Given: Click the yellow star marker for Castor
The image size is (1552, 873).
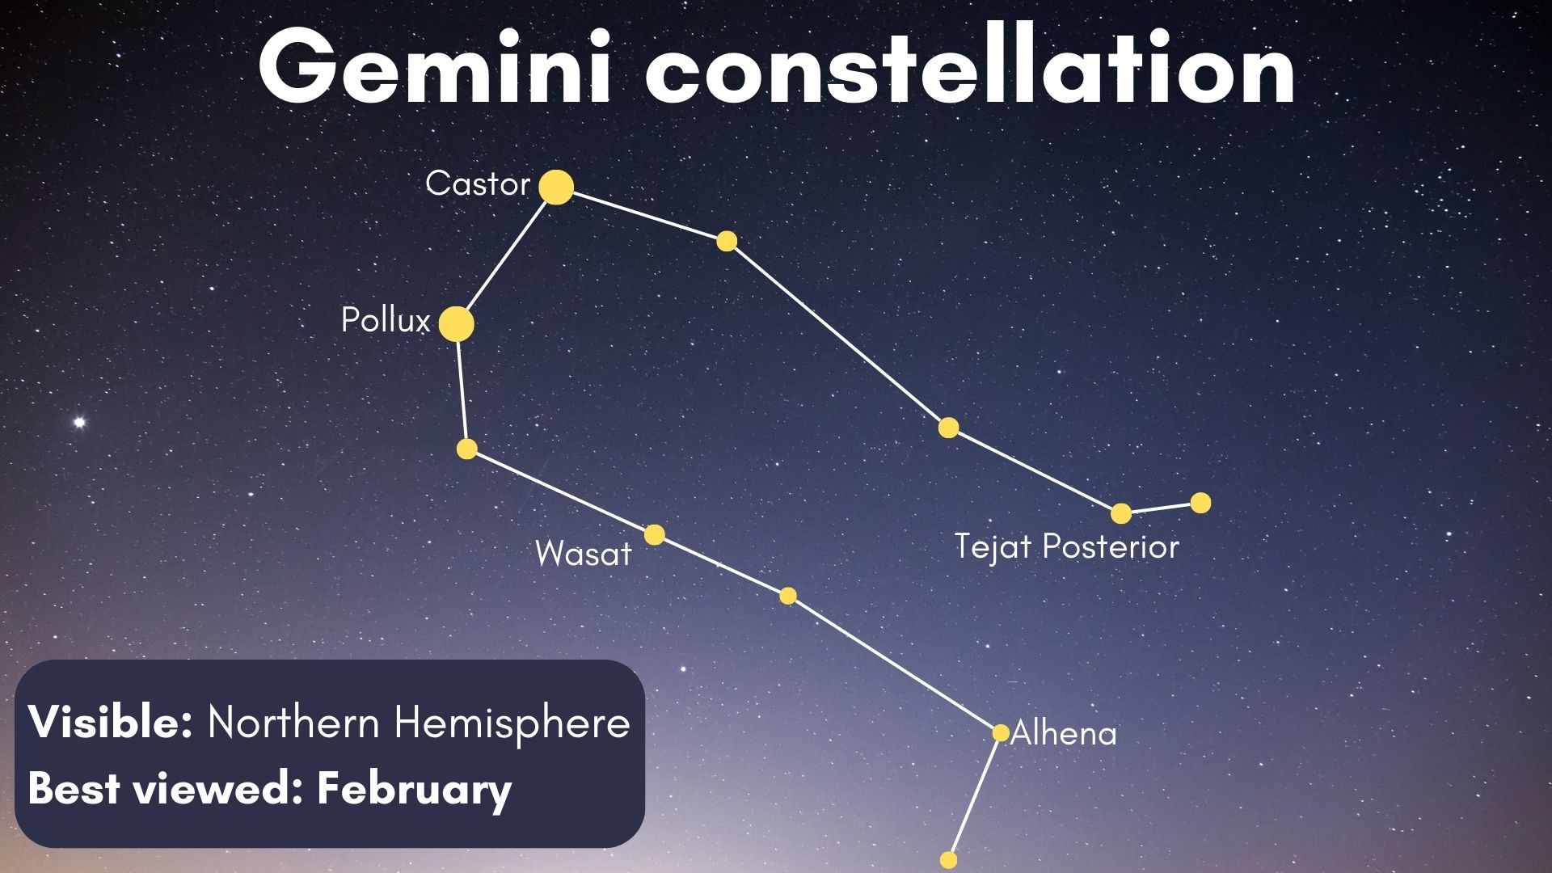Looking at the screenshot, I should [x=556, y=188].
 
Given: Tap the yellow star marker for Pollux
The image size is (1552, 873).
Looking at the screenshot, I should [x=457, y=324].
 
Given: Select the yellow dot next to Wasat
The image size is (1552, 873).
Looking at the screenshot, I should [x=655, y=534].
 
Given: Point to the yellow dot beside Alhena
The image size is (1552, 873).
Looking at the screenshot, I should [x=1001, y=732].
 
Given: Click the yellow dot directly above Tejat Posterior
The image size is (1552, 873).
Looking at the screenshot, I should [x=1121, y=513].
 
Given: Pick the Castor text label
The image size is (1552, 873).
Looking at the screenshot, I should [x=477, y=183].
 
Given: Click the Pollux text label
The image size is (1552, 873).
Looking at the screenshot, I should [x=386, y=321].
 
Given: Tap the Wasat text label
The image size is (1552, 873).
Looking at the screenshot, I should [x=583, y=554].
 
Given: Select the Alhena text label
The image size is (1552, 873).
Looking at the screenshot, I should [x=1064, y=734].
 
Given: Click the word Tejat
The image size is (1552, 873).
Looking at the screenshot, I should [x=993, y=547].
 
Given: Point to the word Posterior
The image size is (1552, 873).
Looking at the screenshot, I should [x=1111, y=547].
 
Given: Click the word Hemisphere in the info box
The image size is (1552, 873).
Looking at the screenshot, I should [x=512, y=722].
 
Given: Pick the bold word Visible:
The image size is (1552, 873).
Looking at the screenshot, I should [x=111, y=722].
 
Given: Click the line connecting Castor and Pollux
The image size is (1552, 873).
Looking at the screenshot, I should [x=506, y=256].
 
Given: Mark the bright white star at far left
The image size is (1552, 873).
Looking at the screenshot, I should [x=79, y=422].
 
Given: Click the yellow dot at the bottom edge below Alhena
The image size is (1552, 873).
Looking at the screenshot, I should [x=949, y=859].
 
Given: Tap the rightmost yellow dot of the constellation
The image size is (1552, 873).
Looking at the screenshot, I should [x=1201, y=503].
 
